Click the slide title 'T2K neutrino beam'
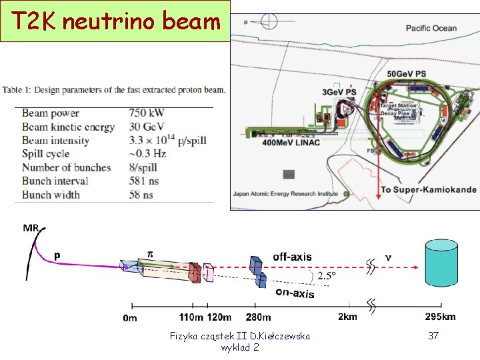(115, 21)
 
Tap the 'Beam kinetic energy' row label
(68, 127)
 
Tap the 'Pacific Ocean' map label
(431, 28)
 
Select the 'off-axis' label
(292, 257)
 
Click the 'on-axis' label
(295, 292)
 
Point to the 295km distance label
(440, 317)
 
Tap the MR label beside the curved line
(31, 228)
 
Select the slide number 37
(433, 336)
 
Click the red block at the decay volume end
(194, 272)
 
